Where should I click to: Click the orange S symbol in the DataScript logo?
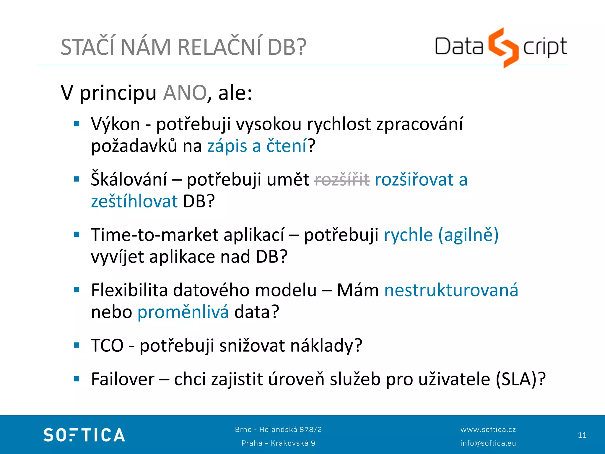503,47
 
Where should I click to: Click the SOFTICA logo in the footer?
84,435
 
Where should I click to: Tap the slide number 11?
582,435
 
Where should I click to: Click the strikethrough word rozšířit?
342,179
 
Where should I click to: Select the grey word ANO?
185,93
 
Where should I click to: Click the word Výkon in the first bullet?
116,124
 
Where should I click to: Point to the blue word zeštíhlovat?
134,201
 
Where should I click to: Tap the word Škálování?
129,179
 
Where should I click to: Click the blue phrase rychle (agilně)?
441,235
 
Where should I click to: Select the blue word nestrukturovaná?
451,290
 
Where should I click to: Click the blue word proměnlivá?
183,312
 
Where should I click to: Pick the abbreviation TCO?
107,345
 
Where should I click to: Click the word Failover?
123,379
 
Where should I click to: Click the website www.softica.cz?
488,429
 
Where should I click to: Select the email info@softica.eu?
488,443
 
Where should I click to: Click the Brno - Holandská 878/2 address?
278,429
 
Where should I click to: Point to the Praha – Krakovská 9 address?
278,443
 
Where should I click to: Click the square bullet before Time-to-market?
77,235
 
